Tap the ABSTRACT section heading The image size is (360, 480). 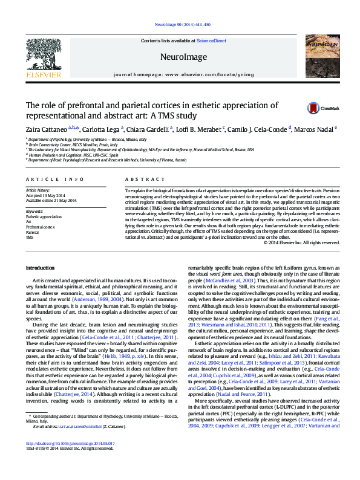click(141, 180)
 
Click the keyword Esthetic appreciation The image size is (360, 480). click(44, 216)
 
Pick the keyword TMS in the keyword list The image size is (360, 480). click(30, 238)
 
